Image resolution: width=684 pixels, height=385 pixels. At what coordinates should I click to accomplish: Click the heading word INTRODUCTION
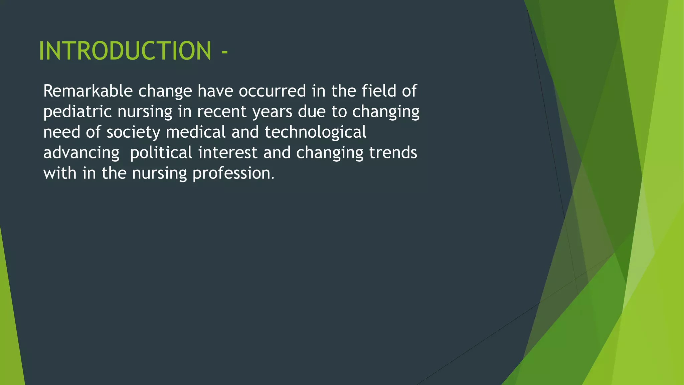click(125, 51)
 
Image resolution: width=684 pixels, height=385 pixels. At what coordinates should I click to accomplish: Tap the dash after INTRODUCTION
click(224, 52)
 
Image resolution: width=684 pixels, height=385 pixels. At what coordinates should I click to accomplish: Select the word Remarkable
click(88, 91)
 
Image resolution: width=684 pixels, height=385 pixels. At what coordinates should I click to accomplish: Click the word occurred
click(272, 91)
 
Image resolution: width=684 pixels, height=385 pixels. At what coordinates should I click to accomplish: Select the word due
click(312, 112)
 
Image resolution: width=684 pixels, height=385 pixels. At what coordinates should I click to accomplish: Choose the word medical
click(196, 132)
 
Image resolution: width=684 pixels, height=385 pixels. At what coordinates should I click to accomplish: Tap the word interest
click(227, 153)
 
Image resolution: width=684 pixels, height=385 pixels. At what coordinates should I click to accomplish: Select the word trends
click(393, 153)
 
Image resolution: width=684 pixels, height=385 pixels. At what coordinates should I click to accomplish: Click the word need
click(62, 132)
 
